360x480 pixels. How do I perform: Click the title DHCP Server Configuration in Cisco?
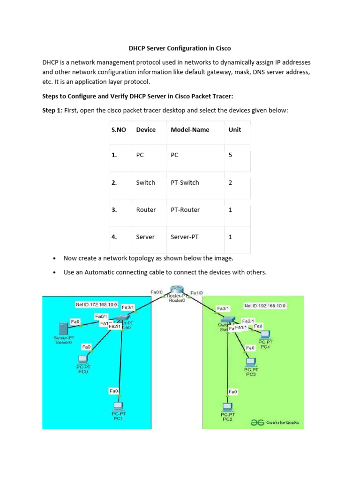point(180,48)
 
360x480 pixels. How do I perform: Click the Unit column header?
point(235,129)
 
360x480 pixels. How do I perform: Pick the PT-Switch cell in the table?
point(185,182)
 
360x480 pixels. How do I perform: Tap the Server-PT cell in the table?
point(184,237)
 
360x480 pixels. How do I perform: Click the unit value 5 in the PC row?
point(230,155)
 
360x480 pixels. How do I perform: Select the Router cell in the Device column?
point(145,210)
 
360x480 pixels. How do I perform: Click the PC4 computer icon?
point(265,334)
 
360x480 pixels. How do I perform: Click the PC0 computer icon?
point(82,359)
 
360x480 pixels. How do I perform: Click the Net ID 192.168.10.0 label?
point(265,306)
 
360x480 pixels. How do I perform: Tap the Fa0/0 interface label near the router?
point(156,292)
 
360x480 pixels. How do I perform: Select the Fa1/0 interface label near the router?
point(197,293)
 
